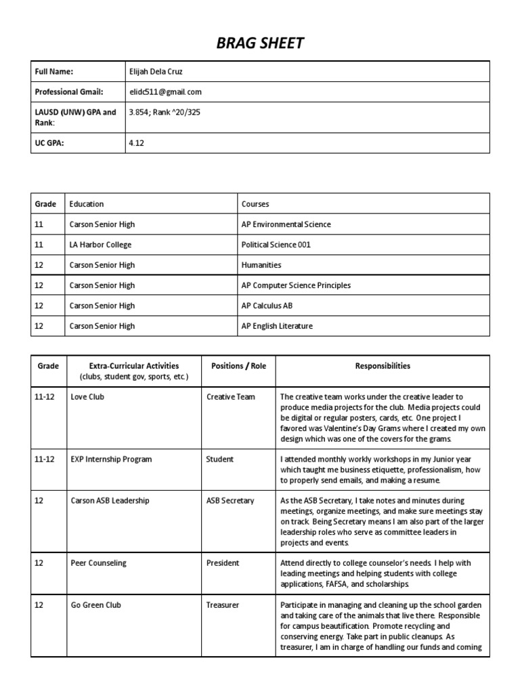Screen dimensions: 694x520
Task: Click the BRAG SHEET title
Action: (260, 44)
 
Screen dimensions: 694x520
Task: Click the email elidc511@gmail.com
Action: (165, 91)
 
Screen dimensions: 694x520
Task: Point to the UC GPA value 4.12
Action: (137, 143)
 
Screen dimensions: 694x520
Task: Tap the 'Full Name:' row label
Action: (54, 71)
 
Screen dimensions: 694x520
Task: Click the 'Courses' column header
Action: (255, 203)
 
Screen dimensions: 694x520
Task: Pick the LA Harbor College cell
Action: (100, 245)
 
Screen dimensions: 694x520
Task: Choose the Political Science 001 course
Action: (276, 245)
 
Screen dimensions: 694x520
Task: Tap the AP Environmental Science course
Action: (286, 224)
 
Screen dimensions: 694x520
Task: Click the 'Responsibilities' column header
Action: (383, 366)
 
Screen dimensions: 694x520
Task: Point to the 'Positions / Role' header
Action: (238, 366)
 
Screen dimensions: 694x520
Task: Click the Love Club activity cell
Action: (87, 397)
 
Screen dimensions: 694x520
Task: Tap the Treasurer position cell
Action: (223, 605)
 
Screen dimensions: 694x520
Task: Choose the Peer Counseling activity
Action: (98, 563)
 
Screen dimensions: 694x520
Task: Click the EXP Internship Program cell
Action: (110, 460)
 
